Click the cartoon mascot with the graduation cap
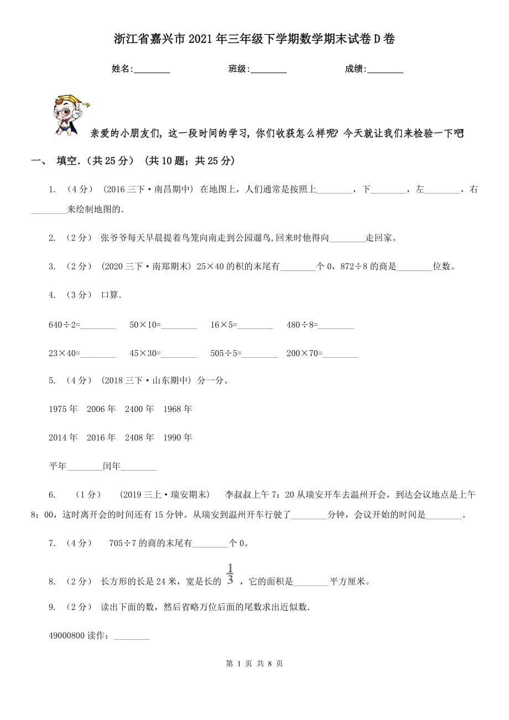coord(70,114)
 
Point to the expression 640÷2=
coord(64,325)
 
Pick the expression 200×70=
coord(304,353)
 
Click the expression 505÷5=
coord(226,353)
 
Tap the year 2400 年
coord(139,409)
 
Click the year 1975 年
coord(63,409)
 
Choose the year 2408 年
coord(139,437)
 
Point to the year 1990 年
coord(178,437)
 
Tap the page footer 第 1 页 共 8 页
coord(254,664)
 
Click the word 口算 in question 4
coord(110,295)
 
